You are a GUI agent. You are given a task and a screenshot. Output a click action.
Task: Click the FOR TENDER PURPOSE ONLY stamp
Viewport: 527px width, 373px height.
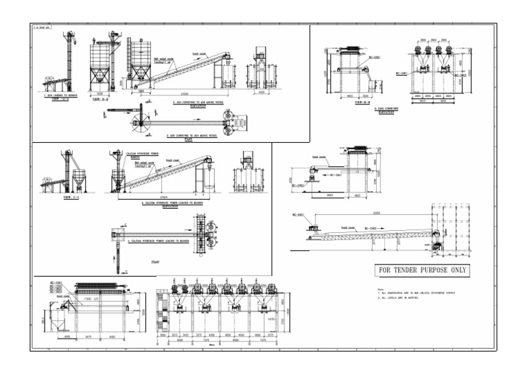422,270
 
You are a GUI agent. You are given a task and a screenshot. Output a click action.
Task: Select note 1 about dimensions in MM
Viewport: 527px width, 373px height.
418,293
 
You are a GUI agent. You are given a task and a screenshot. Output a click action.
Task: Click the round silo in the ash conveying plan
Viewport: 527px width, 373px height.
145,125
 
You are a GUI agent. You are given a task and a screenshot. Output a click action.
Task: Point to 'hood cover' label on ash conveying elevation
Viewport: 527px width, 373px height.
200,53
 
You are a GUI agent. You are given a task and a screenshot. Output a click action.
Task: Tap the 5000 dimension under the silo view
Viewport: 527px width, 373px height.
101,93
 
